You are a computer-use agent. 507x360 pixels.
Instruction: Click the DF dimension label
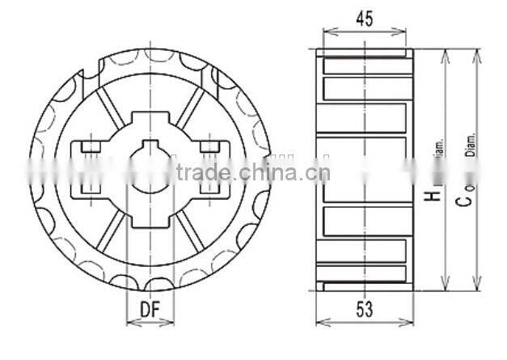149,308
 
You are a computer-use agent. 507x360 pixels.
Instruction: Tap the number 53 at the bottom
364,309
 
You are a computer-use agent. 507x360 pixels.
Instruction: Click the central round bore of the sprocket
150,172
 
